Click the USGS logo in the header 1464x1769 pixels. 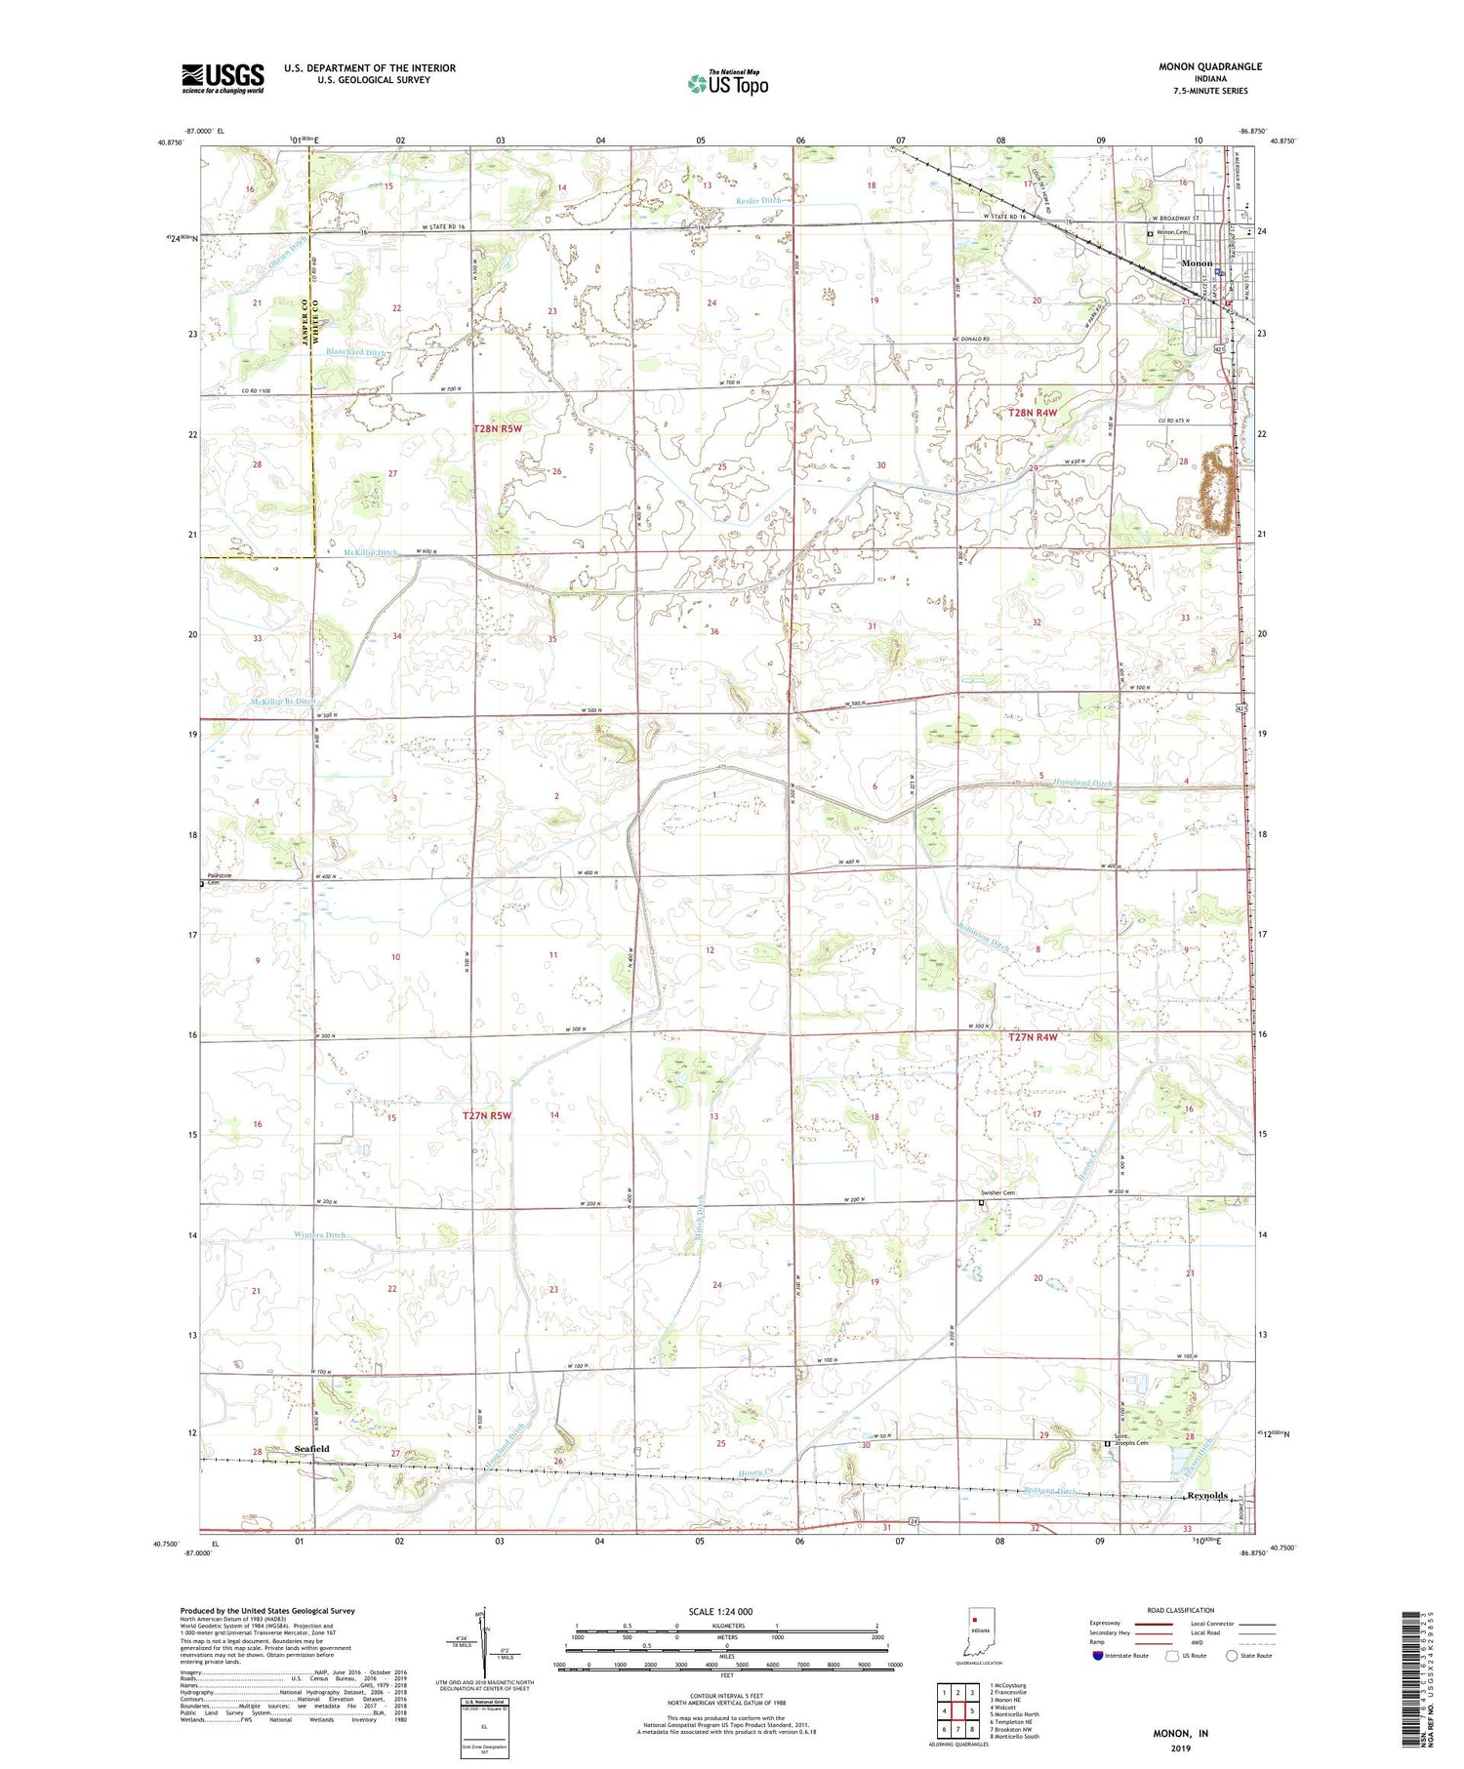pos(223,78)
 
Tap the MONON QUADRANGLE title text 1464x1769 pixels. pos(1209,66)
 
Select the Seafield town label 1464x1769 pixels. pos(311,1449)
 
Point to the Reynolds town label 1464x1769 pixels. pos(1206,1496)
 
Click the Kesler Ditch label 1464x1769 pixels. pos(757,201)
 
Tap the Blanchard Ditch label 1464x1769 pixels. pos(358,352)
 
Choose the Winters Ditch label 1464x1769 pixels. pos(319,1235)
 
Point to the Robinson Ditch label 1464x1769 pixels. pos(983,937)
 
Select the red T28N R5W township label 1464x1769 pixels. pos(497,429)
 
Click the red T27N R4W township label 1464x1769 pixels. pos(1032,1037)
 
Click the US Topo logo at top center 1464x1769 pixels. pos(727,83)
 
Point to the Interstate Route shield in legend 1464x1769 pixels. pos(1097,1656)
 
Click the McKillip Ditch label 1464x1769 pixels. pos(370,552)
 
